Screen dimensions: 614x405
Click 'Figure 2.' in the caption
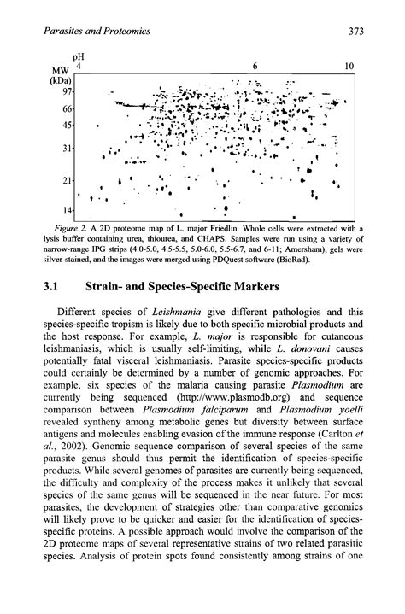(91, 228)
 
